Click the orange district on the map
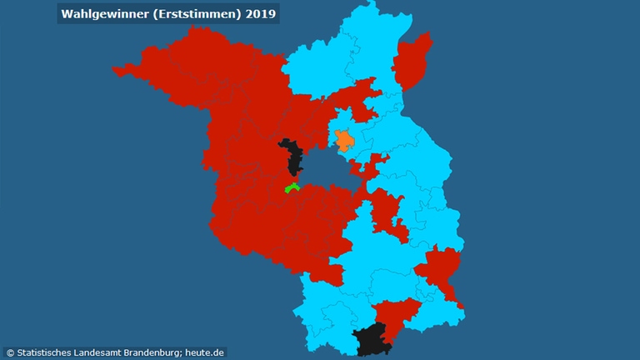[343, 139]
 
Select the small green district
[292, 187]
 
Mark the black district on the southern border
[372, 340]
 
